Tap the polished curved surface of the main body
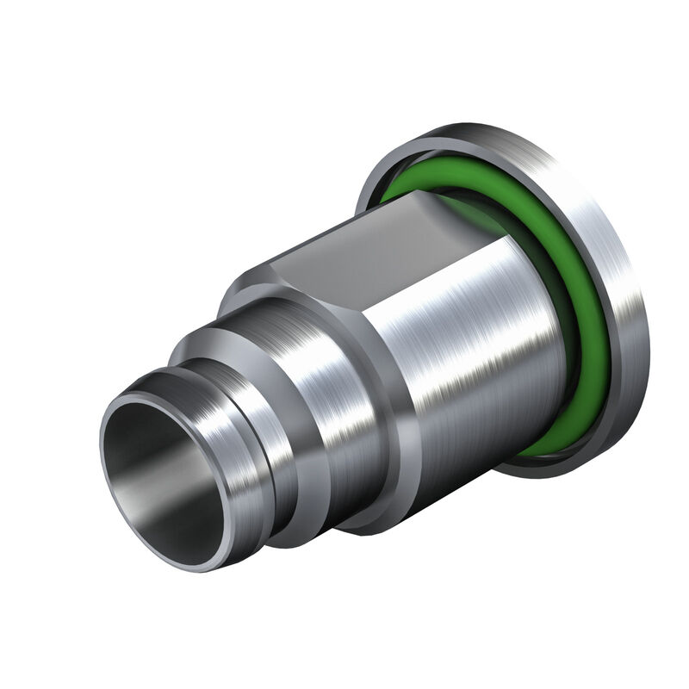click(x=482, y=344)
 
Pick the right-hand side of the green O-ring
click(x=594, y=327)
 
